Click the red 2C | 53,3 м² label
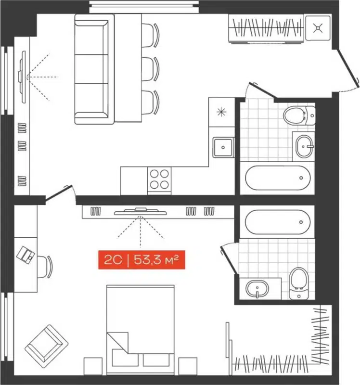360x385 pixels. tap(141, 260)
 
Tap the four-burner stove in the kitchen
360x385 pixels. tap(159, 179)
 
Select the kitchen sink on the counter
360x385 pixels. tap(223, 147)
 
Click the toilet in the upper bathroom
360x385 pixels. tap(296, 116)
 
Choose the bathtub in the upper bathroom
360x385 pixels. tap(276, 179)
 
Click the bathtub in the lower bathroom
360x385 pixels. tap(276, 221)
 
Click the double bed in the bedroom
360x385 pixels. tap(140, 327)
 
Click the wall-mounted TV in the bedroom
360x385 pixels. tap(140, 210)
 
